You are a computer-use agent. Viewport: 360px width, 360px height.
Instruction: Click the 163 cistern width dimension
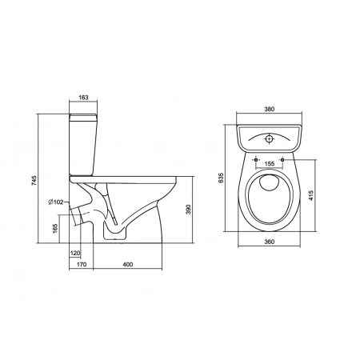pyautogui.click(x=83, y=98)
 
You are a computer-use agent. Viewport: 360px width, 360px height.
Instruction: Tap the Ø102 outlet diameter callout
pyautogui.click(x=56, y=202)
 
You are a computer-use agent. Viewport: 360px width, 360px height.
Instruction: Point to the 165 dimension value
pyautogui.click(x=55, y=229)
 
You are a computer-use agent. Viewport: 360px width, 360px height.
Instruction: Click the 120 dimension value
pyautogui.click(x=75, y=253)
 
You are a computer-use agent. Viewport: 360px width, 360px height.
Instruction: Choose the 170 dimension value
pyautogui.click(x=82, y=264)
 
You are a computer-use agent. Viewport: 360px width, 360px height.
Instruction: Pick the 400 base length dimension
pyautogui.click(x=128, y=264)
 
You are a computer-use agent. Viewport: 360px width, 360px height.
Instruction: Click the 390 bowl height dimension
pyautogui.click(x=188, y=210)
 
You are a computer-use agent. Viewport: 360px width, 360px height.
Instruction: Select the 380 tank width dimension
pyautogui.click(x=269, y=109)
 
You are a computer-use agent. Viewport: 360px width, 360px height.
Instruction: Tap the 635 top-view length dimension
pyautogui.click(x=221, y=178)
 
